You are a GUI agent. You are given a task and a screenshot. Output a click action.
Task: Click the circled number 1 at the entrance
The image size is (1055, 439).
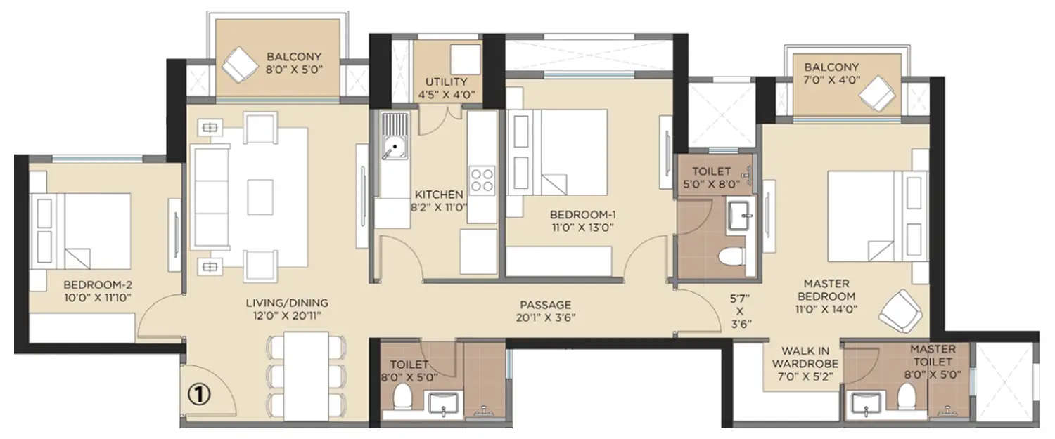click(x=203, y=395)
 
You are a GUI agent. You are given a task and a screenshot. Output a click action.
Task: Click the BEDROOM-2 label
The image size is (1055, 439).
click(x=98, y=285)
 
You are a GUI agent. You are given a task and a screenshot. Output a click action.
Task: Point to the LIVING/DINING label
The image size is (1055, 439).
click(x=287, y=303)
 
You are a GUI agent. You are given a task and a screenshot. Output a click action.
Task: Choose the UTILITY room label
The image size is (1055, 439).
click(x=441, y=82)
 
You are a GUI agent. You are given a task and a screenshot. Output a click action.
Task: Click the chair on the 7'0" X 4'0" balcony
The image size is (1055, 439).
click(x=877, y=92)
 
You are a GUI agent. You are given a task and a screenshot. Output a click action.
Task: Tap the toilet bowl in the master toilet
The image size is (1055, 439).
click(x=907, y=400)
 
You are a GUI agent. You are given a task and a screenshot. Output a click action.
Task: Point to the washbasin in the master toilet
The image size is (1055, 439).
click(x=862, y=405)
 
